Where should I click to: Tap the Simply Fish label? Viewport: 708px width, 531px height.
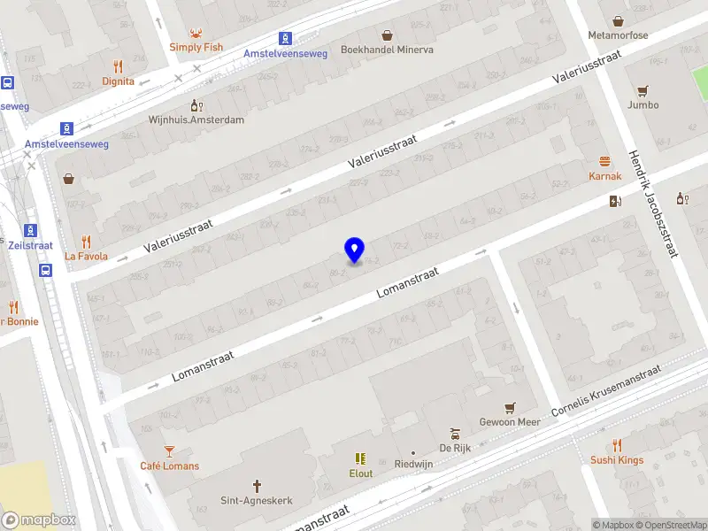(x=196, y=47)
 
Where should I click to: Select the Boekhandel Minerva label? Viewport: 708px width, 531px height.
(x=387, y=50)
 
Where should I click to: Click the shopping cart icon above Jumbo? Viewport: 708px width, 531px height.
(x=643, y=90)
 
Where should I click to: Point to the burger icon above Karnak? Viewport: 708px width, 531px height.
(x=605, y=162)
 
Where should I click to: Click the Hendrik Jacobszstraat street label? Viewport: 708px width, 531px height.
(x=652, y=203)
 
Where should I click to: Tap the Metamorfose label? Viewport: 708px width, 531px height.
(x=618, y=35)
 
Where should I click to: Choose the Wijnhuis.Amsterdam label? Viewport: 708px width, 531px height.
(x=196, y=119)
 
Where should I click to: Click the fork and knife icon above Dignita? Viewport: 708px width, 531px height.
(x=118, y=66)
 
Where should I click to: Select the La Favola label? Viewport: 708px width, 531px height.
(x=86, y=257)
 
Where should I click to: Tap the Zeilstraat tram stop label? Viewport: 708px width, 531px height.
(x=30, y=246)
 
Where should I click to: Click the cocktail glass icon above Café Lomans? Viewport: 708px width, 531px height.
(x=169, y=451)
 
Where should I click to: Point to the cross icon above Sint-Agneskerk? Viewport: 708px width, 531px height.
(x=258, y=486)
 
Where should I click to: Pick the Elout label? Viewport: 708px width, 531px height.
(x=360, y=473)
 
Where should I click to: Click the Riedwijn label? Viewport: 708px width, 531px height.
(x=413, y=464)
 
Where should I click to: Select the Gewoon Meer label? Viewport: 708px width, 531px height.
(x=509, y=422)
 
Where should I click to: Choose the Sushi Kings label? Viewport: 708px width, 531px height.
(x=617, y=460)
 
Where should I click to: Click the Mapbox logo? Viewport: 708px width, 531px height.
(x=39, y=520)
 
